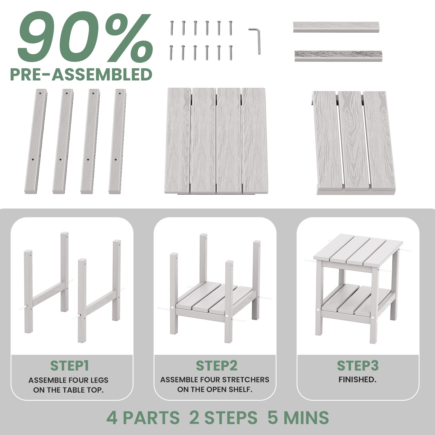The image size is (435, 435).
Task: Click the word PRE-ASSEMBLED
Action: (x=81, y=74)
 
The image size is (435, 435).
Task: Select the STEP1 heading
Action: (x=70, y=366)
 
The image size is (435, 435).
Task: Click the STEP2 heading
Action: (x=217, y=366)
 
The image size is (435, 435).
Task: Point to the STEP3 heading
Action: (x=358, y=366)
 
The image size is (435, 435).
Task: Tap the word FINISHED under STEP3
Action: (x=358, y=380)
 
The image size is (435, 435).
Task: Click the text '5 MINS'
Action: (x=298, y=417)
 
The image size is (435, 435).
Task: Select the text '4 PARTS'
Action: (x=143, y=417)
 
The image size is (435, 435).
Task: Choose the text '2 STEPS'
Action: (x=223, y=417)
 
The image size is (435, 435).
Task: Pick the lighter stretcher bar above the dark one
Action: (x=336, y=27)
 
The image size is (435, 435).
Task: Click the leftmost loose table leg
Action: (x=38, y=141)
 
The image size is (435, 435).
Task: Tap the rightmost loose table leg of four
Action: (x=117, y=141)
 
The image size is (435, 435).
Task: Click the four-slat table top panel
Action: (x=215, y=141)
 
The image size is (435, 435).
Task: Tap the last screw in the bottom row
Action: (x=231, y=52)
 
